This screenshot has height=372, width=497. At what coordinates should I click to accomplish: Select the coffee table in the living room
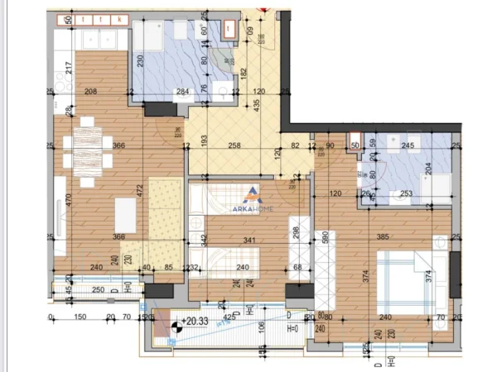click(x=124, y=214)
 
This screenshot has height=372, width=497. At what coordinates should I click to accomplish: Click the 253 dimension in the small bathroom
click(x=407, y=194)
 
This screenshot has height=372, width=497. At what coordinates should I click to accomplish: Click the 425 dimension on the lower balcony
click(x=228, y=315)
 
